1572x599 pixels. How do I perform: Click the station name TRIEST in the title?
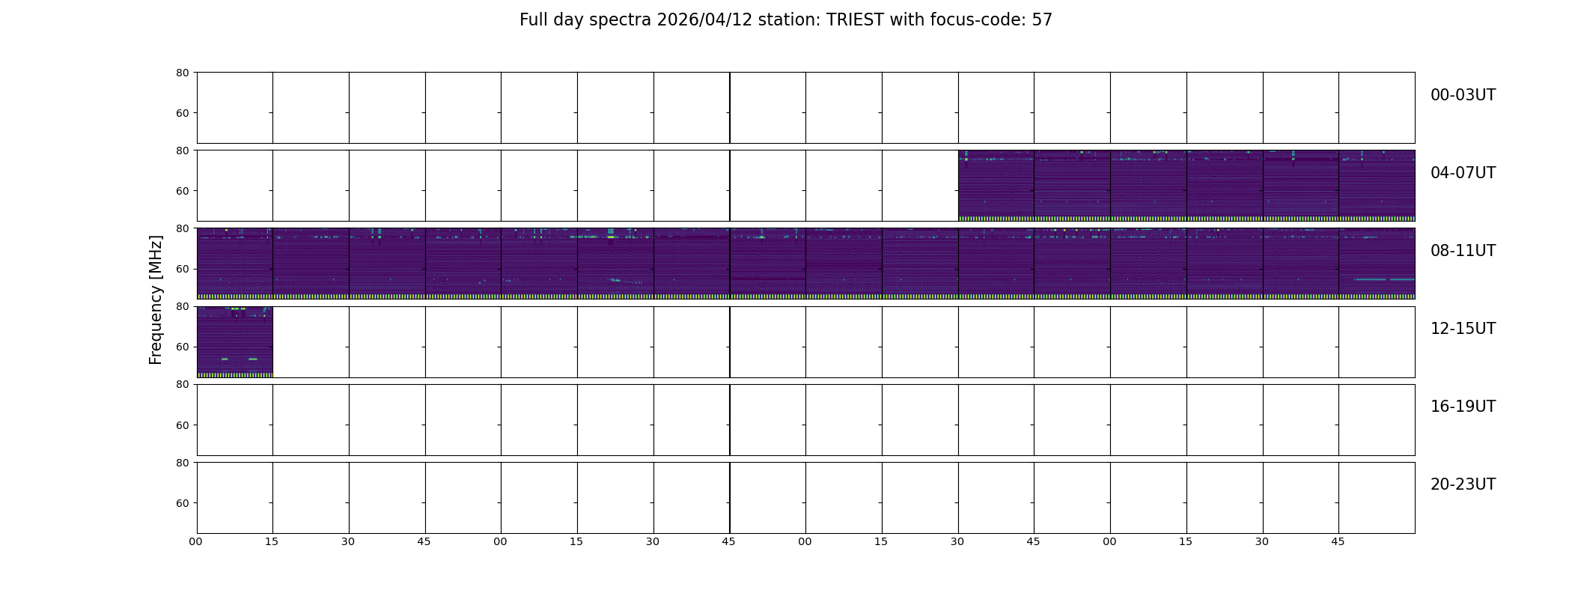tap(855, 20)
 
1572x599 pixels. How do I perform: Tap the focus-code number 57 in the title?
tap(1042, 20)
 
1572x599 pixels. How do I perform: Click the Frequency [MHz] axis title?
tap(156, 299)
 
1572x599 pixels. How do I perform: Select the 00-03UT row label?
tap(1463, 95)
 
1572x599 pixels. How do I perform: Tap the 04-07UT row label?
tap(1463, 173)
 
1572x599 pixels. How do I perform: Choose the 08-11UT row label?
tap(1463, 251)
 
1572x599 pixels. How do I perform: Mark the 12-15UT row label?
tap(1463, 329)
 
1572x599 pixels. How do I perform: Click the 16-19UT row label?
tap(1463, 407)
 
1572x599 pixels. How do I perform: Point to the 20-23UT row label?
tap(1463, 484)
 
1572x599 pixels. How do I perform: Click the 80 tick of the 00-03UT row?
tap(183, 73)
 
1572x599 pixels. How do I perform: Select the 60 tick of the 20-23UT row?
tap(183, 503)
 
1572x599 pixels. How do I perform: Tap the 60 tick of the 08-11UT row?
tap(183, 269)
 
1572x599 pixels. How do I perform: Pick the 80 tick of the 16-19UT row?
tap(183, 385)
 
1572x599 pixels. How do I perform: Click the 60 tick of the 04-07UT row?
tap(183, 191)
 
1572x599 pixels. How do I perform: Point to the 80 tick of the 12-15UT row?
tap(183, 307)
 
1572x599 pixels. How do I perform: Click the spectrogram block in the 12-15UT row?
tap(235, 342)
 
